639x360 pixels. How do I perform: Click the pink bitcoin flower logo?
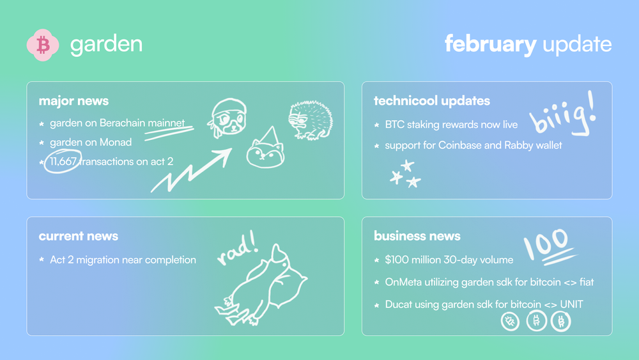tap(43, 45)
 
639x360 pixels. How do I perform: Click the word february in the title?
tap(490, 44)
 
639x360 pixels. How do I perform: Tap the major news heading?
tap(73, 100)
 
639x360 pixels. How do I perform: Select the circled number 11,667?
tap(63, 161)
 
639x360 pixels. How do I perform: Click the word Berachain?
tap(122, 123)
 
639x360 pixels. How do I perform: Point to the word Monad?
tap(115, 143)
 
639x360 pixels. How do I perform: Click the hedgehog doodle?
tap(311, 120)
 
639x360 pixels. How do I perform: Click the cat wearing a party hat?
tap(265, 148)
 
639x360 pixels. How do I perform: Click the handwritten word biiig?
tap(562, 114)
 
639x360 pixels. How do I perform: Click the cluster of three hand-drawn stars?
tap(406, 174)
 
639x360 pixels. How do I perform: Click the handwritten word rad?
tap(238, 248)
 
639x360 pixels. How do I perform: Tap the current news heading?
tap(78, 236)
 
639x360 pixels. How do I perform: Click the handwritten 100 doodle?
tap(548, 247)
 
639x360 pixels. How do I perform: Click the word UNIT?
tap(572, 304)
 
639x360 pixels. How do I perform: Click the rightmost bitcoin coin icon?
tap(561, 321)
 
